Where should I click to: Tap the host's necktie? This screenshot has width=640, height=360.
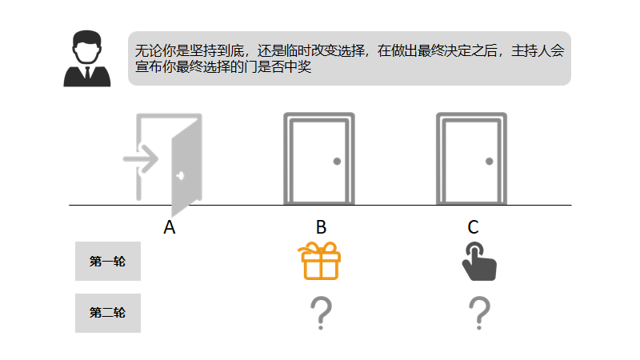[86, 75]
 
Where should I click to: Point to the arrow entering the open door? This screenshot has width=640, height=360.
[141, 158]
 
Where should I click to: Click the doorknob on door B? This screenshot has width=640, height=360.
[337, 162]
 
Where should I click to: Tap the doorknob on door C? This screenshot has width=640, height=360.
[489, 162]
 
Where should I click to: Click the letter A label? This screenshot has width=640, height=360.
[169, 228]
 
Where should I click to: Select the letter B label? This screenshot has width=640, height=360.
[321, 228]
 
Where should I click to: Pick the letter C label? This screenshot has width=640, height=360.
[473, 228]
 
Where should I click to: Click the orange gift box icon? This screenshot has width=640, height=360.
[320, 262]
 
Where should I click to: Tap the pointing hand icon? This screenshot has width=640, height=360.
[478, 262]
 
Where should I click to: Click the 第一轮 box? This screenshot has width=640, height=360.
[108, 261]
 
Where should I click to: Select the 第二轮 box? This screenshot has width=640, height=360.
[108, 313]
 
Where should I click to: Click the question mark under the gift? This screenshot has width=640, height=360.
[320, 313]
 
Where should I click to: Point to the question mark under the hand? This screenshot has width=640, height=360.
[478, 313]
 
